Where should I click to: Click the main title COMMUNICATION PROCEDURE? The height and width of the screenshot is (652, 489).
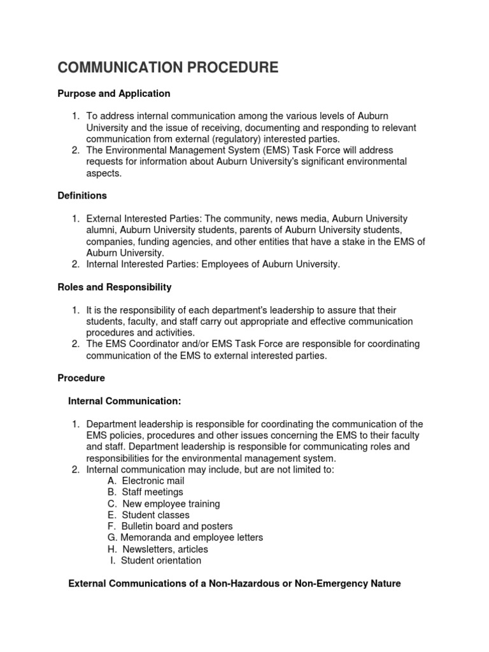coord(168,67)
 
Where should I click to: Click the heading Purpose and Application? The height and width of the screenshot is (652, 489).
coord(114,94)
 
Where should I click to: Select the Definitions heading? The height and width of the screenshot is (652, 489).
coord(82,195)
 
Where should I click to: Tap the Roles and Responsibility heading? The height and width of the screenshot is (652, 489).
coord(115,287)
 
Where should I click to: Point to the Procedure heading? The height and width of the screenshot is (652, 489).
coord(81,378)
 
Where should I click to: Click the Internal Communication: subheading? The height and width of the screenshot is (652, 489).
coord(125,401)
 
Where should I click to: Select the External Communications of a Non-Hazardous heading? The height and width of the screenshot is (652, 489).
coord(234,583)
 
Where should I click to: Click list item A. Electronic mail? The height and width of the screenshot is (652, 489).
coord(146,481)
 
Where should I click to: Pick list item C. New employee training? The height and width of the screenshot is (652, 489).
coord(164,504)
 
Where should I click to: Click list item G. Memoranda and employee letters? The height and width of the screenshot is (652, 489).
coord(185,537)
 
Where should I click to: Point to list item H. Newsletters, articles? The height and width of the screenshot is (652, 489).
coord(158,549)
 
